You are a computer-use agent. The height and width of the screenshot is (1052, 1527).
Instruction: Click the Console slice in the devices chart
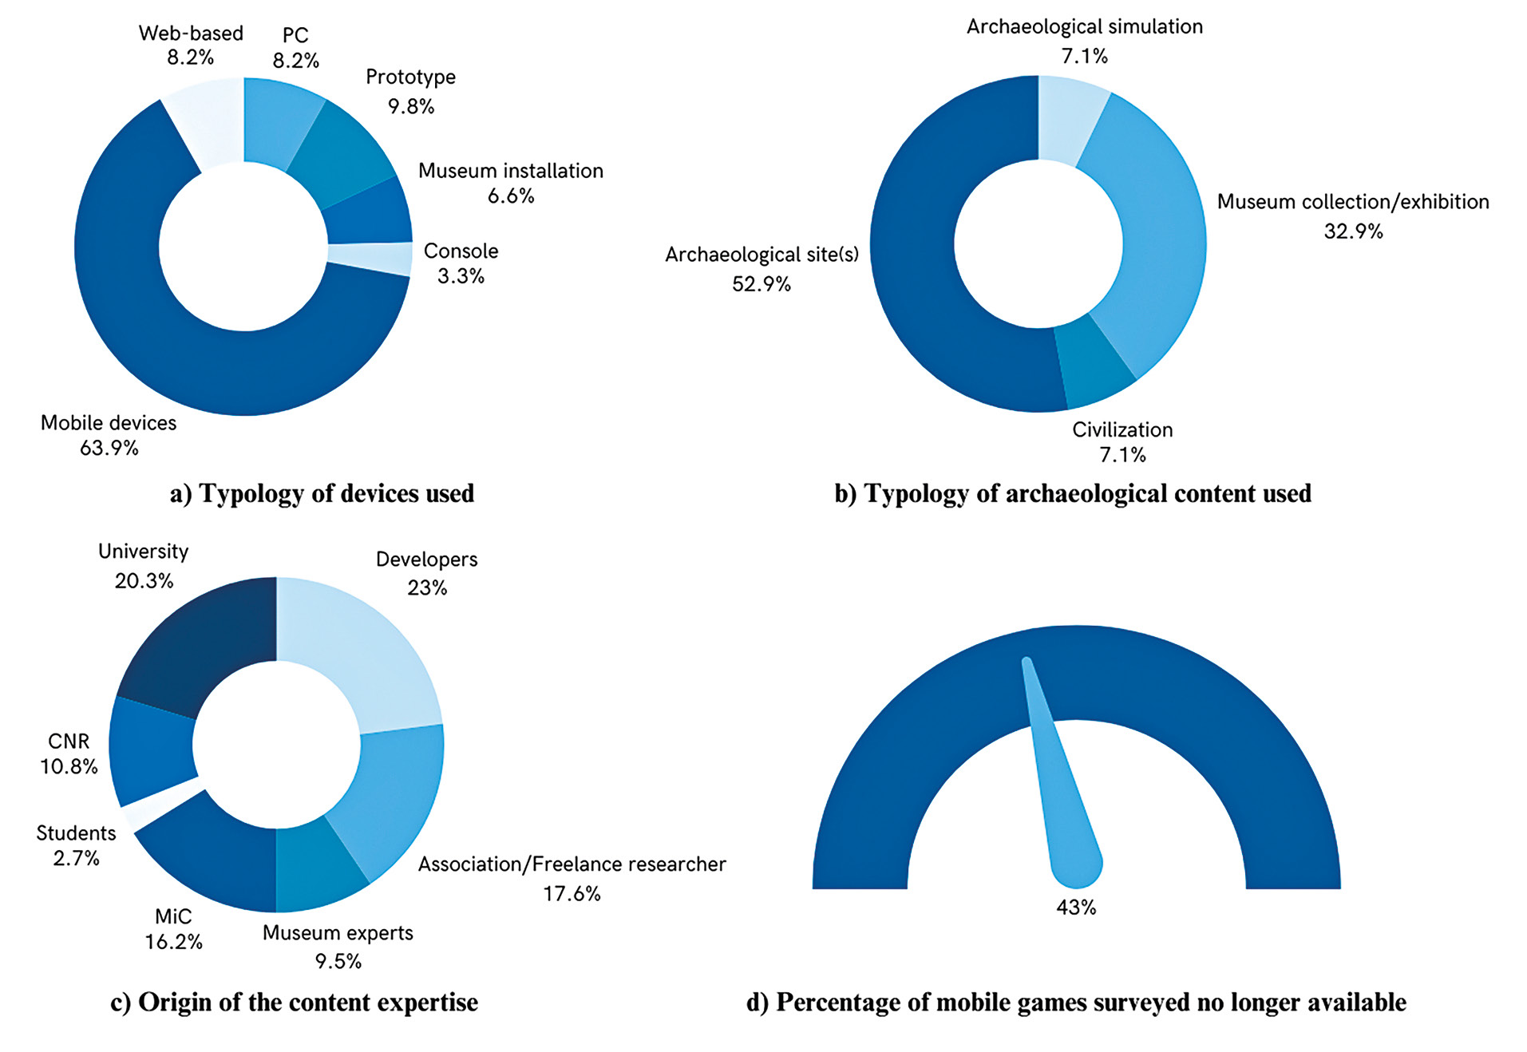370,259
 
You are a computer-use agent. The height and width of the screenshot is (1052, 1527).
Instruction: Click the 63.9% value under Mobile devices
109,449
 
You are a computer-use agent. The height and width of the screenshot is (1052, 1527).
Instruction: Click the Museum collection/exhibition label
1352,202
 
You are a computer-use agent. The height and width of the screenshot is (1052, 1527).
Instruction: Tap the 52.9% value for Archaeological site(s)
761,284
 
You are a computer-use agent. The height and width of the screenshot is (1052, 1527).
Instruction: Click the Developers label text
426,560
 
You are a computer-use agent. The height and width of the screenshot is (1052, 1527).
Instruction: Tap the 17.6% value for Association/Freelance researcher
572,894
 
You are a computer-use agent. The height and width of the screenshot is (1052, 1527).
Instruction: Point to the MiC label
173,917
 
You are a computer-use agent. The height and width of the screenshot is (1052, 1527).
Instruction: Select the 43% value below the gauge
1076,908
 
